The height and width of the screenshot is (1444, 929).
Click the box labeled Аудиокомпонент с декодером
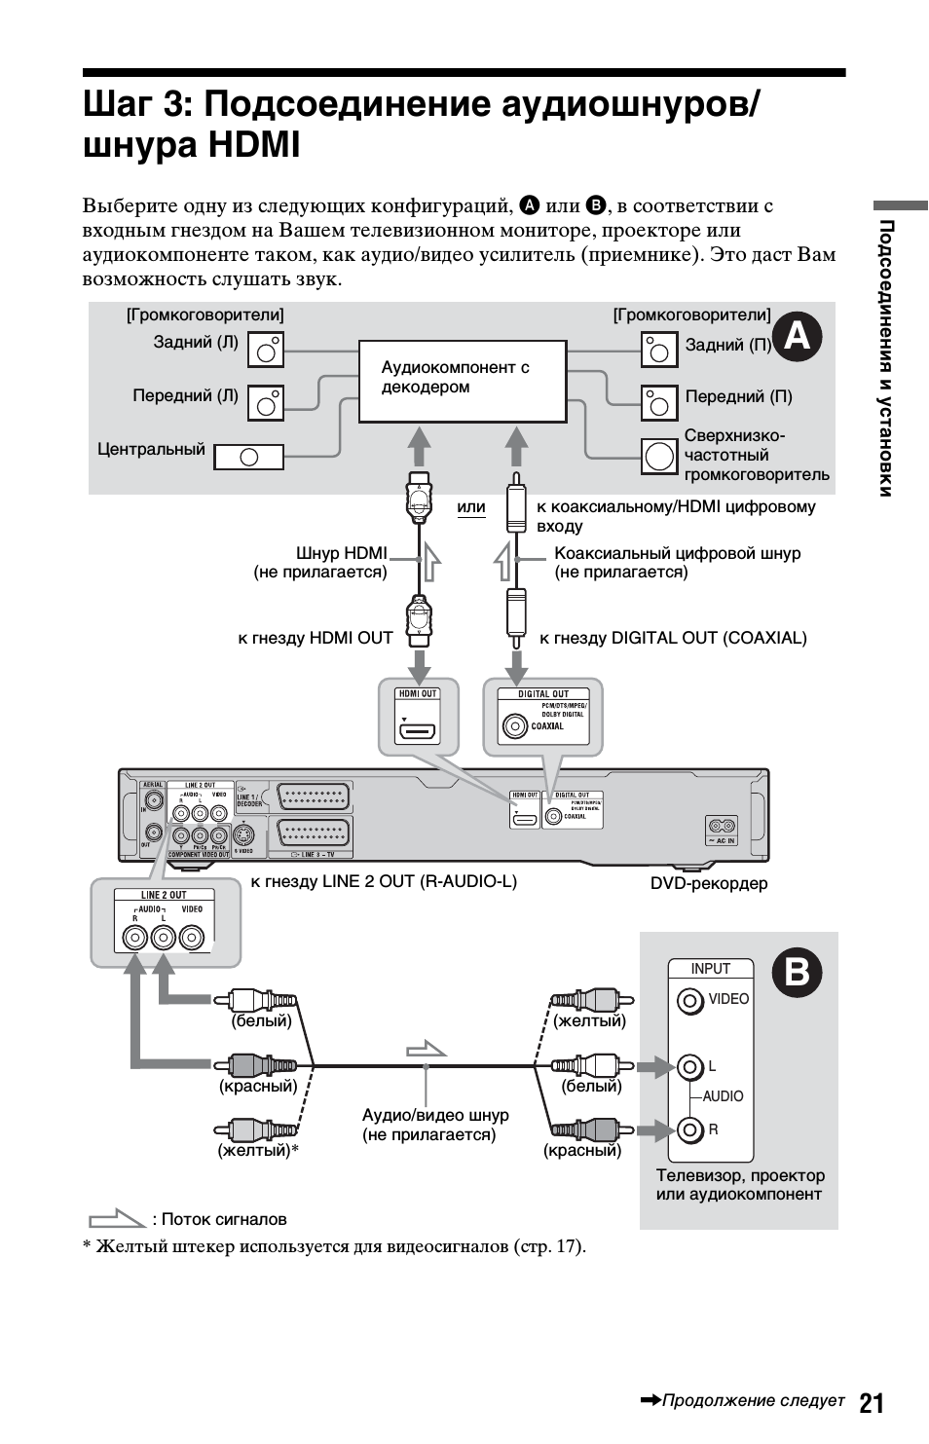[x=463, y=381]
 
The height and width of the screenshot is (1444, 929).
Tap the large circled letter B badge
[x=797, y=973]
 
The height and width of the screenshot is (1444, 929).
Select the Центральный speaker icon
[x=248, y=457]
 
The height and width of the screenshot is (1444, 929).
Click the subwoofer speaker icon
[x=659, y=456]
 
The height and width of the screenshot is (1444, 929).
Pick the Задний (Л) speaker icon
[x=266, y=349]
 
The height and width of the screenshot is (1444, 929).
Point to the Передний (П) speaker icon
[x=659, y=402]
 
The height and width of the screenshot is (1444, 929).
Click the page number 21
[x=872, y=1402]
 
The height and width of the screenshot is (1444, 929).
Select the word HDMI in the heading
[x=254, y=145]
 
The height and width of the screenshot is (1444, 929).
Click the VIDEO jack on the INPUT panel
[x=690, y=1000]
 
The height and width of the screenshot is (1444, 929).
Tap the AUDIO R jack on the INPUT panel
[x=690, y=1129]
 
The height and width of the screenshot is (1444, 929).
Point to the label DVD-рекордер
[x=709, y=883]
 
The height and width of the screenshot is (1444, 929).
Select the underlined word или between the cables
[x=471, y=507]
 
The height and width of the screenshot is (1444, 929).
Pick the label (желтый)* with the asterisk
[x=257, y=1150]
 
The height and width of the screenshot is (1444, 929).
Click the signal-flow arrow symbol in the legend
[x=117, y=1218]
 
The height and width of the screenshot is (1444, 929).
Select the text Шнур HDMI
[x=342, y=553]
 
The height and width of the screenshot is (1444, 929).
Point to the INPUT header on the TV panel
[x=710, y=968]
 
